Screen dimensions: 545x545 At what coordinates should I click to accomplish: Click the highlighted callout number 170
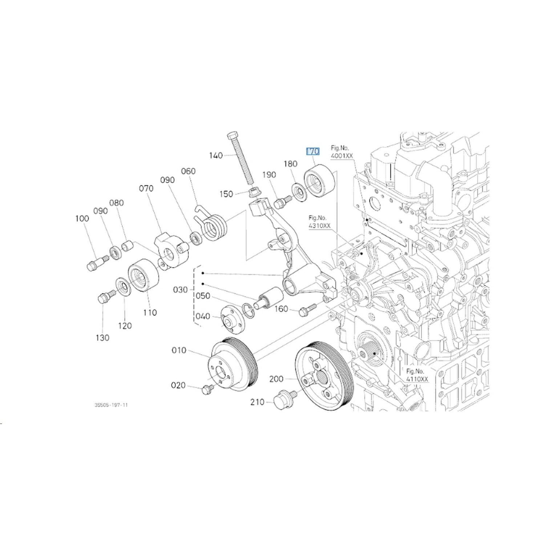313,151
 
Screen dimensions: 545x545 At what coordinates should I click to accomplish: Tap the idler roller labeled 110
143,275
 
